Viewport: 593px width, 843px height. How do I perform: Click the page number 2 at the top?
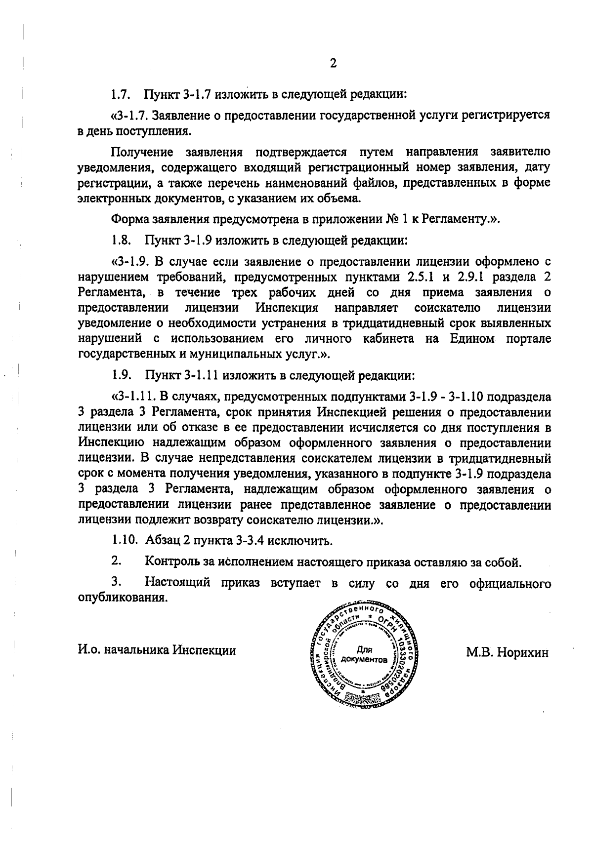[x=333, y=63]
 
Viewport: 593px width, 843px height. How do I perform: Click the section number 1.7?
[x=120, y=93]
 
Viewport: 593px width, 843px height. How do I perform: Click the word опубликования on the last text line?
[x=121, y=598]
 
